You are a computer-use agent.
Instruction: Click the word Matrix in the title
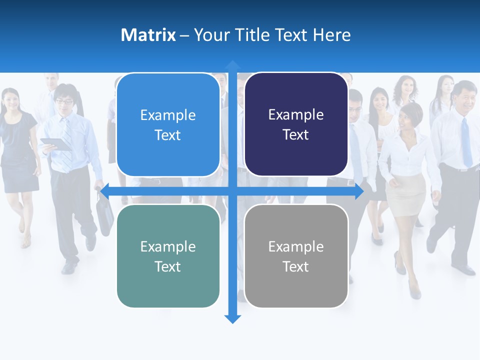[148, 35]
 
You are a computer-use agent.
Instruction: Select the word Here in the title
[331, 35]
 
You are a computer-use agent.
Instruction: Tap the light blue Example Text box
[168, 125]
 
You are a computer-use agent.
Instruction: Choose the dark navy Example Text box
[296, 124]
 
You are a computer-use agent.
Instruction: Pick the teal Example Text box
[168, 256]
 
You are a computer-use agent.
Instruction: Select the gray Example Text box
[296, 256]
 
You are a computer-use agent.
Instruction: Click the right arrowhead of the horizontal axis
[359, 191]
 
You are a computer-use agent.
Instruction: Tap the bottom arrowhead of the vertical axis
[232, 319]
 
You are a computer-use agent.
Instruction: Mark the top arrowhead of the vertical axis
[232, 64]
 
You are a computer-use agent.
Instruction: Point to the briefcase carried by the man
[104, 217]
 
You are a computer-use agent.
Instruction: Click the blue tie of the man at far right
[466, 142]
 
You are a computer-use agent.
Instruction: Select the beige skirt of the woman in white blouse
[405, 195]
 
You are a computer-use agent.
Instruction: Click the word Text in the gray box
[296, 266]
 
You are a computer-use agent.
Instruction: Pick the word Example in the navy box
[296, 114]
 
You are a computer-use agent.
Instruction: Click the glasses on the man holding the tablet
[64, 101]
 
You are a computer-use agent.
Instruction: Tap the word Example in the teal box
[168, 246]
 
